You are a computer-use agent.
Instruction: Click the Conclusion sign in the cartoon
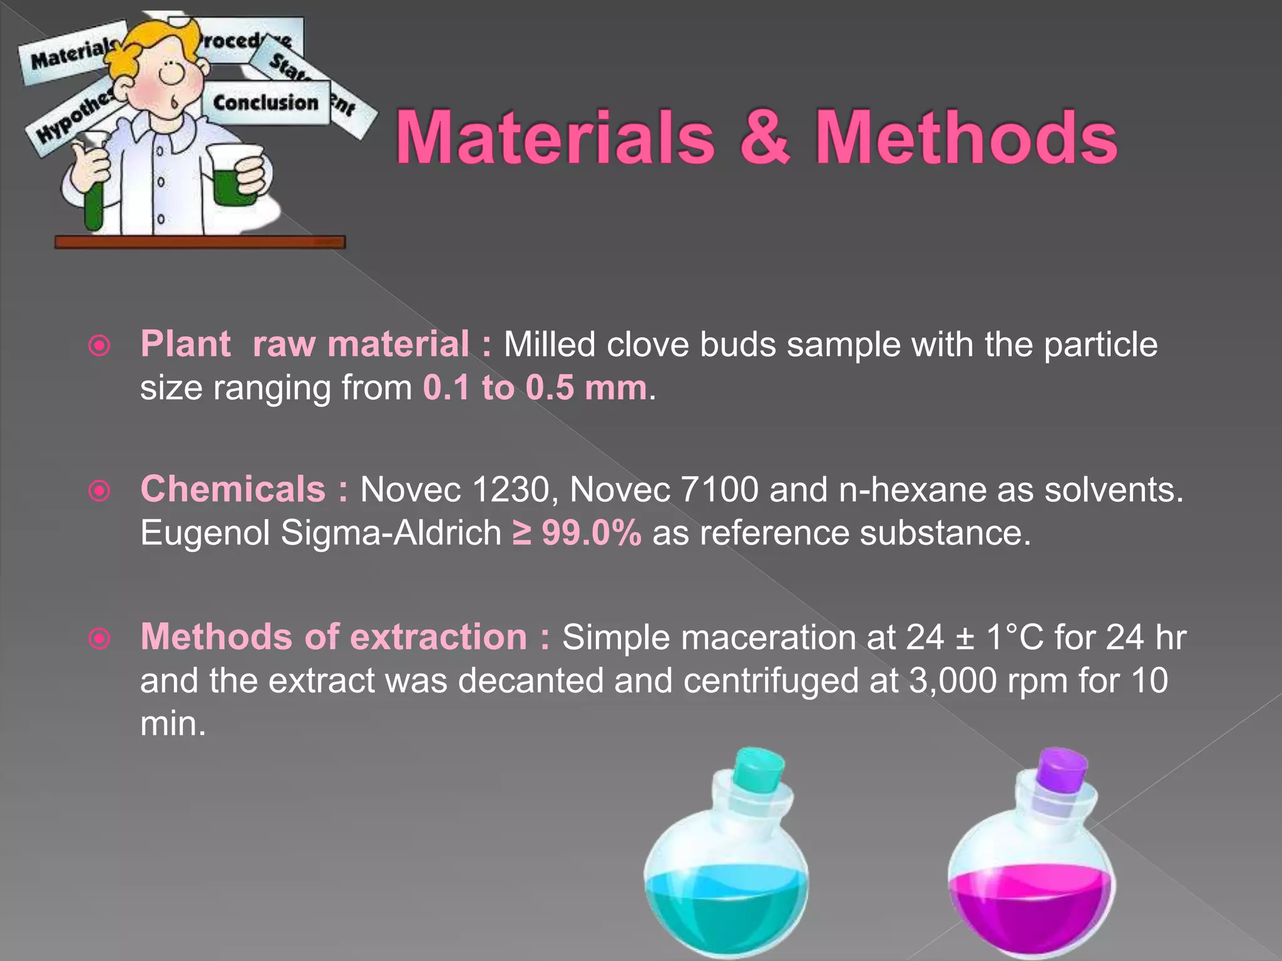coord(265,103)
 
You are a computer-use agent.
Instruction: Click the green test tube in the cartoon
coord(95,200)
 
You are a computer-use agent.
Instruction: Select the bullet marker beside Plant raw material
coord(100,346)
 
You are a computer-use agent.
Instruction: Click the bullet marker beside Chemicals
coord(100,491)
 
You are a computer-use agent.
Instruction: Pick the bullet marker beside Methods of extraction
coord(100,639)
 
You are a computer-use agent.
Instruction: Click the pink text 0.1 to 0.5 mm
coord(535,388)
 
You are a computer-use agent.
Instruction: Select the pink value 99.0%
coord(591,534)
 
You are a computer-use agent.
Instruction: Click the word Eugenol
coord(205,534)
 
